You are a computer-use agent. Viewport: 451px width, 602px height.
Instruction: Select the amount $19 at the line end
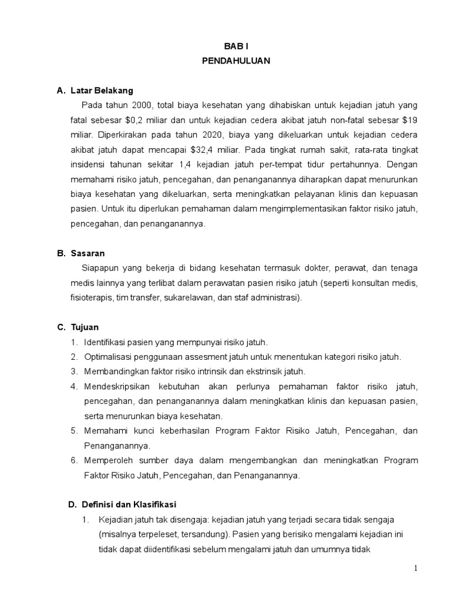coord(409,120)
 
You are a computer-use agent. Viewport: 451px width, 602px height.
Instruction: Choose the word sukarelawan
coord(190,298)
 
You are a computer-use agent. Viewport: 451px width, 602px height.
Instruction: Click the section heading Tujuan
coord(85,327)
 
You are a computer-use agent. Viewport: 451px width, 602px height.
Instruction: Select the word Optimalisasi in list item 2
coord(109,357)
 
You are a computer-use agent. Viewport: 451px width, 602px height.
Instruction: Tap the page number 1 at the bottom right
coord(415,568)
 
